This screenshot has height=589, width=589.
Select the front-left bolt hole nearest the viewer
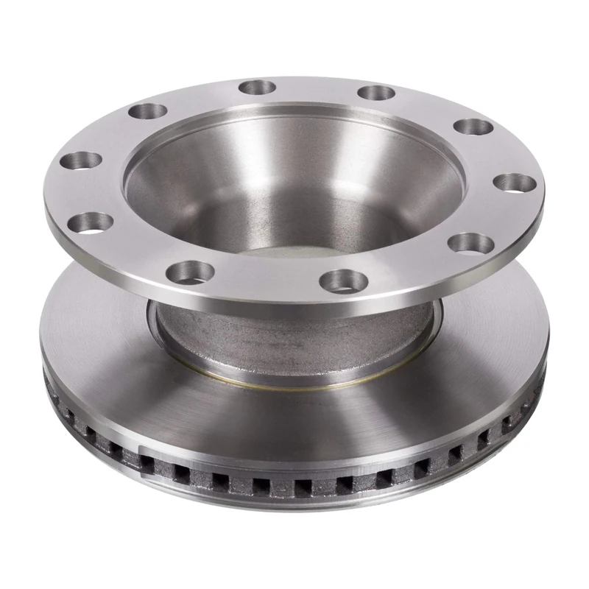click(190, 272)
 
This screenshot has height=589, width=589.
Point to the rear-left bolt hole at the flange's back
click(257, 88)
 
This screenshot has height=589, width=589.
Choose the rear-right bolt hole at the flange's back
click(377, 93)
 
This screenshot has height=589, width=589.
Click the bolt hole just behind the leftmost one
click(147, 113)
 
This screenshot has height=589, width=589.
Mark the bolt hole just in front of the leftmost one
click(94, 221)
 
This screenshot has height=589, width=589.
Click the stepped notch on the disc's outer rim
click(140, 451)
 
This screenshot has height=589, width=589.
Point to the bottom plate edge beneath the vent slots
click(294, 508)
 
